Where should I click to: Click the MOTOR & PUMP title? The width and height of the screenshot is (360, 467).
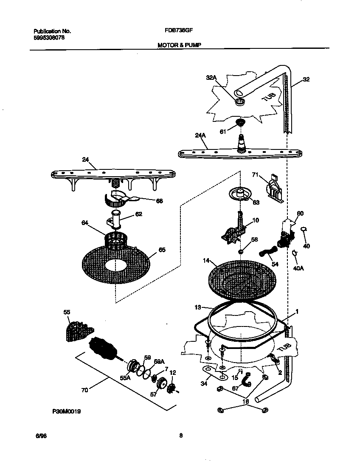pos(176,44)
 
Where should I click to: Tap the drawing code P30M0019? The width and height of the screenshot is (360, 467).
pos(67,411)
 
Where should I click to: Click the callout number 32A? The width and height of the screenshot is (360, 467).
pos(211,78)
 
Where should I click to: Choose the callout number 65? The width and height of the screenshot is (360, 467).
pos(162,250)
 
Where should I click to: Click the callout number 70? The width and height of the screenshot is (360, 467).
pos(84,390)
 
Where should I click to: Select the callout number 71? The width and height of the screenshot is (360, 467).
pos(255,174)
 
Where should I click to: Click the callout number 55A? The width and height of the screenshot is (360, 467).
pos(125,377)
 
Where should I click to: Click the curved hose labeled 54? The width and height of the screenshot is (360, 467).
pos(266,253)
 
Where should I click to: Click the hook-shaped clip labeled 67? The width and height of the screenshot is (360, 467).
pos(246,383)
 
